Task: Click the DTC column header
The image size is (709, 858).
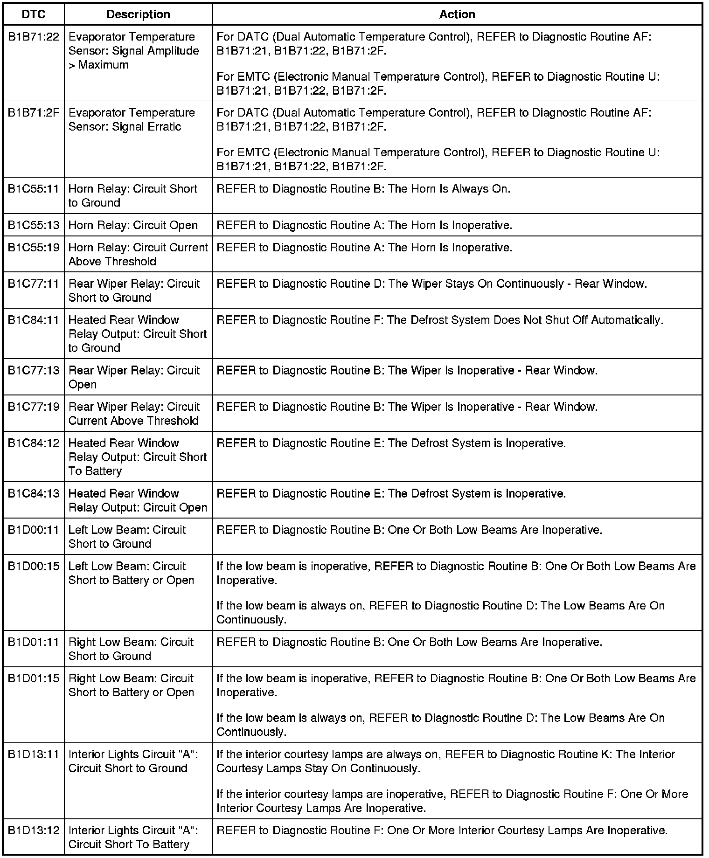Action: [x=34, y=14]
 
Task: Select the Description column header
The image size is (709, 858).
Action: [x=138, y=14]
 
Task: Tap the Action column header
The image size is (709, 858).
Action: [x=457, y=14]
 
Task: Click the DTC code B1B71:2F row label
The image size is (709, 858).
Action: [x=34, y=113]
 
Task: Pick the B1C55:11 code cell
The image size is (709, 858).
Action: [x=34, y=189]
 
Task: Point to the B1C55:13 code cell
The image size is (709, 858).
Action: [x=34, y=225]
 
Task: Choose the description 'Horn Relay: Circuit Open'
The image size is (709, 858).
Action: [x=133, y=225]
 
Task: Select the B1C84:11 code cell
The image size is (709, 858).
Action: [x=34, y=320]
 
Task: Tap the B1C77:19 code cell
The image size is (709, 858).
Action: [x=34, y=407]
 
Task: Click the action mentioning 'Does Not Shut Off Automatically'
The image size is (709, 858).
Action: [x=439, y=320]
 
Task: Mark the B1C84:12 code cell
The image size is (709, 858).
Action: [x=34, y=443]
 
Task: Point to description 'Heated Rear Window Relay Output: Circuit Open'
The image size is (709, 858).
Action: [x=138, y=500]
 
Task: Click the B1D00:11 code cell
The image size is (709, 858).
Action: [x=34, y=530]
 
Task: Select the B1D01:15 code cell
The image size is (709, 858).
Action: [x=34, y=679]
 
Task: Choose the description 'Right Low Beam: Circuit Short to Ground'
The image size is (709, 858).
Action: [x=131, y=649]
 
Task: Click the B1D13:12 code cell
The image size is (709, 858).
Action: [x=34, y=830]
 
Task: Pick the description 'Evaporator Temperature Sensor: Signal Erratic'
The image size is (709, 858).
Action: [x=132, y=120]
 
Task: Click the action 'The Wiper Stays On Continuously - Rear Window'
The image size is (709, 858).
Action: [x=431, y=284]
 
